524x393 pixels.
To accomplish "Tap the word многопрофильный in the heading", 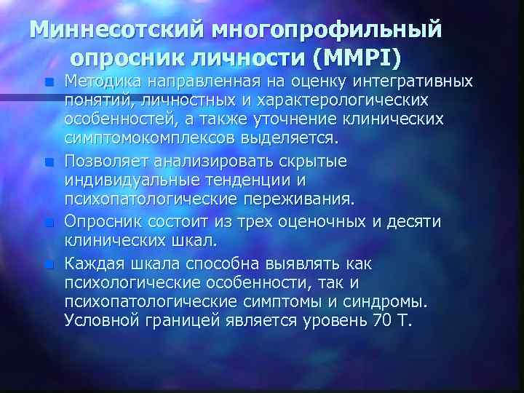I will pos(327,31).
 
